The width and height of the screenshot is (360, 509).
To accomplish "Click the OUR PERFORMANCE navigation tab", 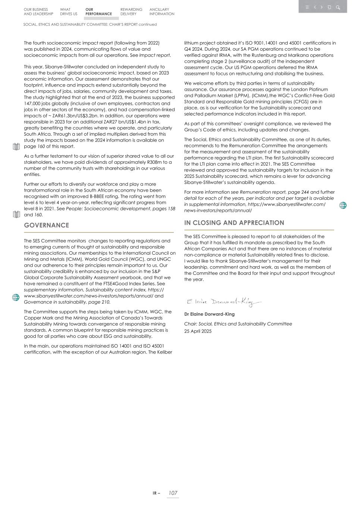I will [x=98, y=12].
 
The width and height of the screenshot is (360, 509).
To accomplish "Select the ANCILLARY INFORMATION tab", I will [x=162, y=12].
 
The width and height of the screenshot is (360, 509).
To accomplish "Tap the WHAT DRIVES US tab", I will [x=69, y=12].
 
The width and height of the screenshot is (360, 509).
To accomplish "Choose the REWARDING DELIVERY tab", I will [x=131, y=12].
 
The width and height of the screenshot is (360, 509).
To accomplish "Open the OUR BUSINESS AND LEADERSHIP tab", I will [x=38, y=12].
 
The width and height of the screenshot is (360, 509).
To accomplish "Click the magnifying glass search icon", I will [x=338, y=7].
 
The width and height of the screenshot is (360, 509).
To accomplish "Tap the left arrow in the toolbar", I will [x=315, y=7].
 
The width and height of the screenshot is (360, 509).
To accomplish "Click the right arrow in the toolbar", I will [x=322, y=7].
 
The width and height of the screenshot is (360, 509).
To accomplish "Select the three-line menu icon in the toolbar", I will [x=307, y=7].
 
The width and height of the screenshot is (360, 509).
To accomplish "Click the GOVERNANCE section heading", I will [x=47, y=225].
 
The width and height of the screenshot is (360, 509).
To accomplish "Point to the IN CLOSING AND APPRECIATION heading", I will [x=234, y=223].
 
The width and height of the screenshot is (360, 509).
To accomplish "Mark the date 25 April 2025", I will [x=198, y=331].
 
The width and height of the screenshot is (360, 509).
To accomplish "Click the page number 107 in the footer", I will [x=173, y=493].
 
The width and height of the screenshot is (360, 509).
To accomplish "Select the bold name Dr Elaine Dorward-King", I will [x=209, y=314].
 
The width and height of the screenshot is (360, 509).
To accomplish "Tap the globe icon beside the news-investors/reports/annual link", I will [x=343, y=205].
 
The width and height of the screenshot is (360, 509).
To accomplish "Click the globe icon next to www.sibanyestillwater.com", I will [x=16, y=297].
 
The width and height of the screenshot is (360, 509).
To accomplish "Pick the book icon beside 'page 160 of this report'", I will [x=16, y=147].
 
